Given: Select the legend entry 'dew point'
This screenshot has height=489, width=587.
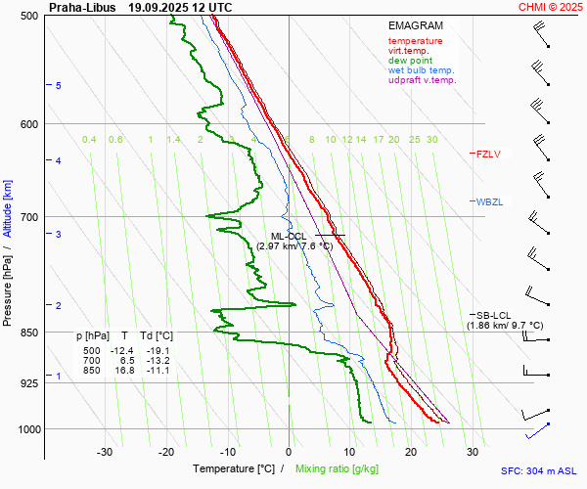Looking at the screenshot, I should pos(411,61).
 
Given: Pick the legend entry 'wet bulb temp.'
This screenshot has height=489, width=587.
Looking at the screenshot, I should pos(421,70).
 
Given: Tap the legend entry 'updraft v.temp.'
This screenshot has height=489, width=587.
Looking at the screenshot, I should pos(422,80).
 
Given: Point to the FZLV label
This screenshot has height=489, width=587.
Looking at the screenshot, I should pos(488,154).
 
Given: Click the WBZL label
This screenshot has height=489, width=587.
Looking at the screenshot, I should pos(489,201).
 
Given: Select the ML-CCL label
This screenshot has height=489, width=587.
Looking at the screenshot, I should pos(289,236).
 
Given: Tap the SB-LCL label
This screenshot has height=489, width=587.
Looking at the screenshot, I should pos(493,315).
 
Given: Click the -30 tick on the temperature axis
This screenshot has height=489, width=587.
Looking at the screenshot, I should pos(105,452).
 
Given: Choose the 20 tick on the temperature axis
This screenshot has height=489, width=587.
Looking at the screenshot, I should pos(411,452).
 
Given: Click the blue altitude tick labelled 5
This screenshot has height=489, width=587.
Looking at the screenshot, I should pos(58,86).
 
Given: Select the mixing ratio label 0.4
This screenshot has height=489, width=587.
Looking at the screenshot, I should pos(89,140).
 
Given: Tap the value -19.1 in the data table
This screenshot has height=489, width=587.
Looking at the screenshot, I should pos(157,351).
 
